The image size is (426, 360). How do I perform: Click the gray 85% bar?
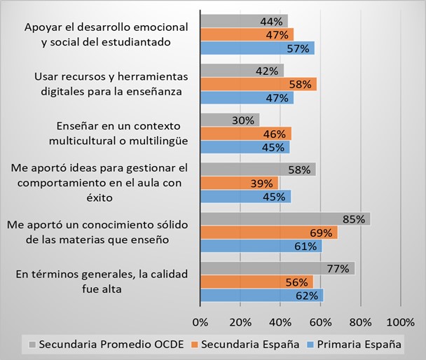pyautogui.click(x=284, y=219)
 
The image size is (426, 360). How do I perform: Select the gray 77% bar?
pyautogui.click(x=277, y=268)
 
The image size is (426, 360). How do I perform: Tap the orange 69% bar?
pyautogui.click(x=268, y=232)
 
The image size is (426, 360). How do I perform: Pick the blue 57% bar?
pyautogui.click(x=256, y=48)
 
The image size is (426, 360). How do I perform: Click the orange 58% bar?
pyautogui.click(x=258, y=84)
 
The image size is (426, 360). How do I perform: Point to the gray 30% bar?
pyautogui.click(x=230, y=120)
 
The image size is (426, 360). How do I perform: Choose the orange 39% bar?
pyautogui.click(x=239, y=183)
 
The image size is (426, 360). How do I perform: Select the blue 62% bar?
pyautogui.click(x=261, y=295)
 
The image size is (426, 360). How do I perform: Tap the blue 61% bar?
pyautogui.click(x=261, y=246)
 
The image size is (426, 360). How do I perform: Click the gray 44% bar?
pyautogui.click(x=244, y=21)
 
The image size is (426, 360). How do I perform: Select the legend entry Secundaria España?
pyautogui.click(x=249, y=344)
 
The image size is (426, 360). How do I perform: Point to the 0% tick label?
pyautogui.click(x=200, y=321)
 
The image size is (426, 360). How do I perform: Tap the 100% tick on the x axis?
pyautogui.click(x=400, y=321)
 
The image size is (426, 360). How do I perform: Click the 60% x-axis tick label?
pyautogui.click(x=321, y=321)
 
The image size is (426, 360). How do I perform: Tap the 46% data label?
pyautogui.click(x=274, y=134)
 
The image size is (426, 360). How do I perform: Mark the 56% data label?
pyautogui.click(x=297, y=282)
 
